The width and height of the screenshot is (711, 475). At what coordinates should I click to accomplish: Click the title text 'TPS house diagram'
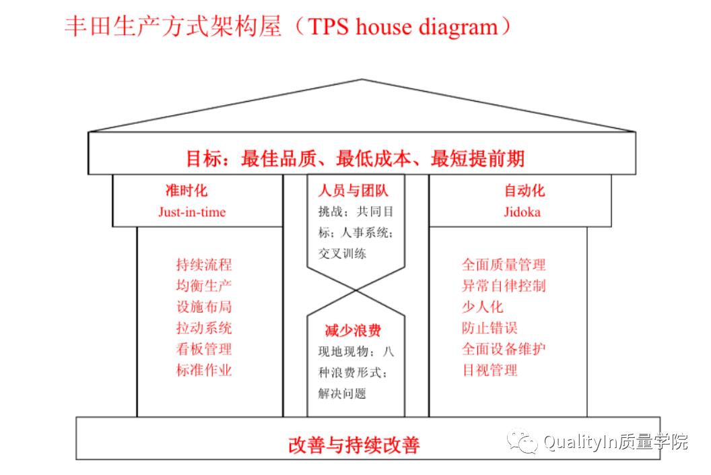pyautogui.click(x=403, y=26)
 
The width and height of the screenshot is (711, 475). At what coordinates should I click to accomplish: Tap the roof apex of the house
pyautogui.click(x=362, y=80)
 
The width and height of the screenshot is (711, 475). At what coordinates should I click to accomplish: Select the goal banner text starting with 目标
pyautogui.click(x=355, y=159)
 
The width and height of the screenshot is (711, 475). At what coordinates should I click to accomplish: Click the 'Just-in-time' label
pyautogui.click(x=192, y=212)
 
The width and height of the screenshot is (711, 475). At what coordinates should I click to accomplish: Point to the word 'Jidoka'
pyautogui.click(x=522, y=212)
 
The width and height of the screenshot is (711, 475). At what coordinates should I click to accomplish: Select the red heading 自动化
pyautogui.click(x=524, y=191)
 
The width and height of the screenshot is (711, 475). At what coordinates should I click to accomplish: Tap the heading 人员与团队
pyautogui.click(x=353, y=191)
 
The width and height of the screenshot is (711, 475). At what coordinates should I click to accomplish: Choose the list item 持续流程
pyautogui.click(x=204, y=265)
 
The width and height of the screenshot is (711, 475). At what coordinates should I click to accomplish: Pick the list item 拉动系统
pyautogui.click(x=204, y=328)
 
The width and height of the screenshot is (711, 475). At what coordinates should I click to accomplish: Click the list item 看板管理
pyautogui.click(x=204, y=349)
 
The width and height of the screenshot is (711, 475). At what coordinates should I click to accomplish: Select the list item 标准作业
pyautogui.click(x=204, y=370)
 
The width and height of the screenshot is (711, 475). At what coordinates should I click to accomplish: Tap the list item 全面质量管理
pyautogui.click(x=504, y=265)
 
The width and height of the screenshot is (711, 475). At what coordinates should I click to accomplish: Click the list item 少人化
pyautogui.click(x=483, y=307)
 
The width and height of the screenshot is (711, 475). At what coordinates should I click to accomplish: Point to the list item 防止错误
pyautogui.click(x=489, y=328)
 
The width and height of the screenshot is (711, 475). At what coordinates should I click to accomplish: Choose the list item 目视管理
pyautogui.click(x=489, y=370)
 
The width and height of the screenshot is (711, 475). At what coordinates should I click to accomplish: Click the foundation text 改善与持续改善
pyautogui.click(x=354, y=445)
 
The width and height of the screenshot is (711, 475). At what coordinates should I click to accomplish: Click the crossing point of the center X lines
pyautogui.click(x=356, y=290)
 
